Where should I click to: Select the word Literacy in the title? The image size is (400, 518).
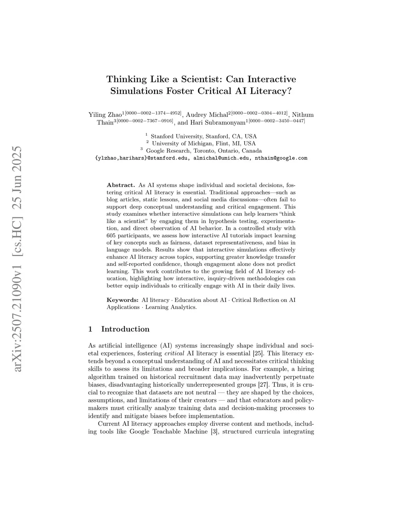(269, 91)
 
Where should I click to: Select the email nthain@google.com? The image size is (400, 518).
(281, 158)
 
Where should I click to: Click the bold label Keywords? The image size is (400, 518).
(122, 300)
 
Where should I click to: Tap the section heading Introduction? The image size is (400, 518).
(125, 329)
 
